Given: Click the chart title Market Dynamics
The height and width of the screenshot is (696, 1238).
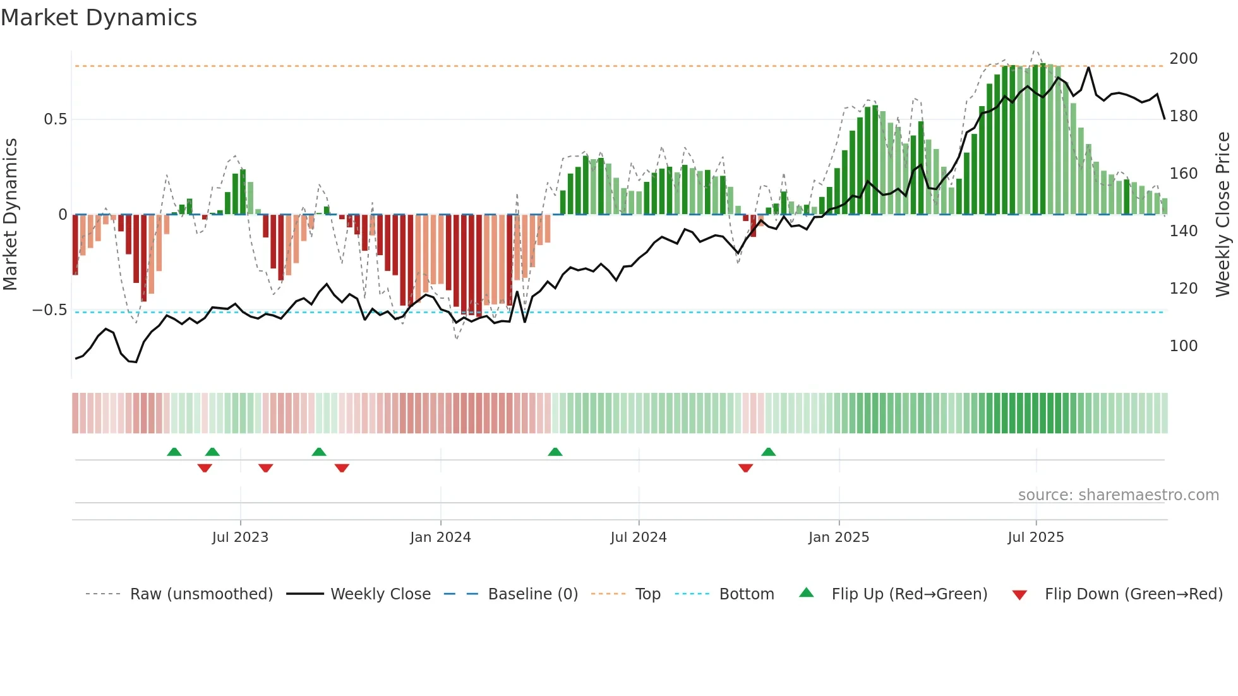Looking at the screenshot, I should tap(99, 18).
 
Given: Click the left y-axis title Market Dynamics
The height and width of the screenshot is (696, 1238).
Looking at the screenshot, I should tap(10, 214).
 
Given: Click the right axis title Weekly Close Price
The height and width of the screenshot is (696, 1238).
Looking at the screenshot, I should tap(1223, 214).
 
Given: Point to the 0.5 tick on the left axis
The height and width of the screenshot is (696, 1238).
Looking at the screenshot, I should tap(55, 119).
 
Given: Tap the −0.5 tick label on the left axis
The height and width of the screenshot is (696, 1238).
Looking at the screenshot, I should tap(50, 310).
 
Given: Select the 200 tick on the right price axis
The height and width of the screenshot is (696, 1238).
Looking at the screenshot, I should tap(1183, 59).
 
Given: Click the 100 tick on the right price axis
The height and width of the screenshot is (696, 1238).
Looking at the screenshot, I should tap(1183, 346).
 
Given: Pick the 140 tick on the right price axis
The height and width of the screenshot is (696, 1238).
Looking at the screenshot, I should tap(1183, 231).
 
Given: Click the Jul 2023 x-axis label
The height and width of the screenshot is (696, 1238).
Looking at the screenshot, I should tap(240, 537).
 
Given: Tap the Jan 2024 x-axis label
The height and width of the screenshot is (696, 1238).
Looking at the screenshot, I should tap(440, 537).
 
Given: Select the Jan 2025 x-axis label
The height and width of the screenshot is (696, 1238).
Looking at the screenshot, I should tap(839, 537).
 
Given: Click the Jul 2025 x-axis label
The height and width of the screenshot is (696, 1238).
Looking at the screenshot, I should tap(1036, 537).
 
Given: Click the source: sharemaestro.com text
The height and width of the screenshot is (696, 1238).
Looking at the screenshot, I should tap(1118, 495).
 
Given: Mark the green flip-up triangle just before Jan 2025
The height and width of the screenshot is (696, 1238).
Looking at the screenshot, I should tap(768, 452).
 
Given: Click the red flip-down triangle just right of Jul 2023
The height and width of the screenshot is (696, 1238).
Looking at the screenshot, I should tap(265, 467).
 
